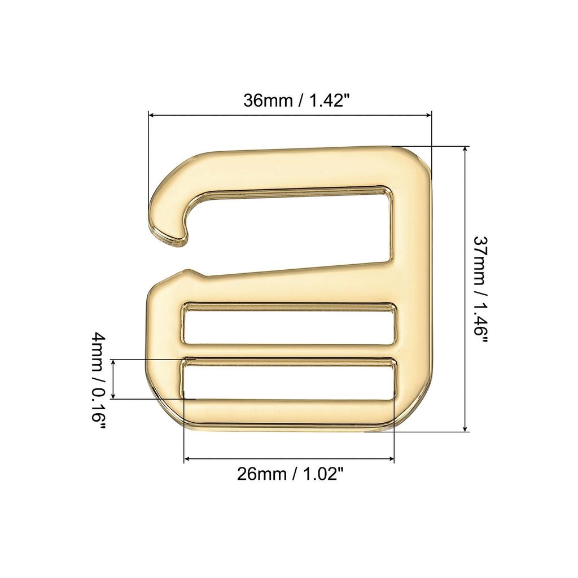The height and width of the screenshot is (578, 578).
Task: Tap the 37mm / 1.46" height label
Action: coord(480,288)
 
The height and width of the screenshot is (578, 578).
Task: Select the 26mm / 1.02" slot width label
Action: coord(290,474)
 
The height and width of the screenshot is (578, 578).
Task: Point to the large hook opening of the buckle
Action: coord(294,231)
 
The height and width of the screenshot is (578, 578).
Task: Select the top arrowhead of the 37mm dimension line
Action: coord(465,150)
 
